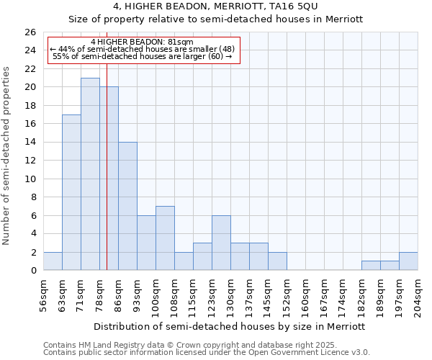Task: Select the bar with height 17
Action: click(71, 192)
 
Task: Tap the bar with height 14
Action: click(127, 206)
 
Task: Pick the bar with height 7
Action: click(165, 238)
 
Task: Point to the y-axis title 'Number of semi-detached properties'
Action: click(8, 156)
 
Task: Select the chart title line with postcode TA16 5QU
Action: click(215, 6)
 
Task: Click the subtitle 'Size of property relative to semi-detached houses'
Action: click(215, 19)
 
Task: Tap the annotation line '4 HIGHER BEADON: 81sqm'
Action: click(142, 42)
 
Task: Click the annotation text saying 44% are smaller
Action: click(142, 50)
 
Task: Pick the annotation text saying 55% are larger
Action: click(142, 57)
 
